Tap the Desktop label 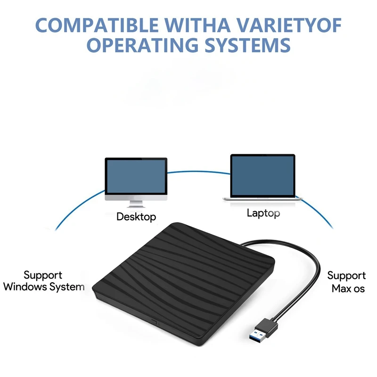136,217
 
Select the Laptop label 263,213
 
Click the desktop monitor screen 136,175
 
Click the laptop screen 262,175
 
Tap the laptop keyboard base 262,198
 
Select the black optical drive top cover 184,264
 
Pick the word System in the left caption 69,287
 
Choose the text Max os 348,288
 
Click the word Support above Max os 346,275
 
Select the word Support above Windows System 43,275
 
